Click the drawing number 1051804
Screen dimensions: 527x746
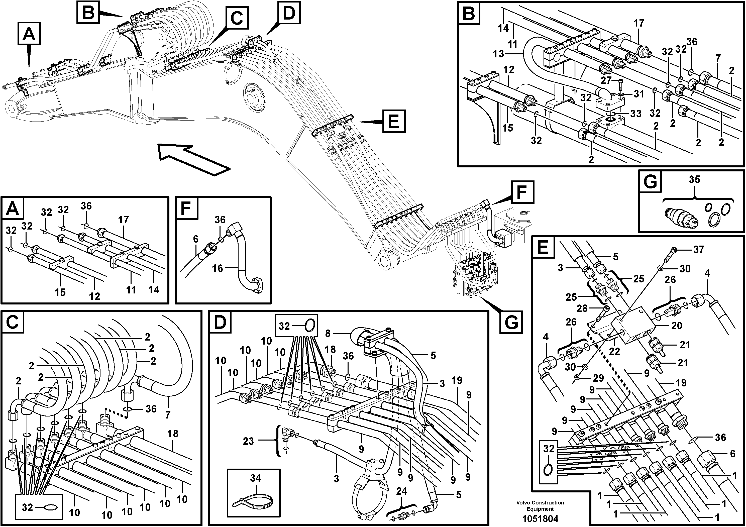[540, 518]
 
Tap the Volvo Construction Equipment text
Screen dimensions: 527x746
[540, 505]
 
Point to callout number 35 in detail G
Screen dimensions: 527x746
[694, 179]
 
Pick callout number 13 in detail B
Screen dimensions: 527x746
[498, 54]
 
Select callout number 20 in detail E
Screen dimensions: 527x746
[677, 326]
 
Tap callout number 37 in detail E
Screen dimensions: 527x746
[699, 250]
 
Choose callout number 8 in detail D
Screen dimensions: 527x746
[328, 333]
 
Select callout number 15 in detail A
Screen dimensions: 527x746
[60, 292]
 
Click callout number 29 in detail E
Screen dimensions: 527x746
[598, 378]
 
